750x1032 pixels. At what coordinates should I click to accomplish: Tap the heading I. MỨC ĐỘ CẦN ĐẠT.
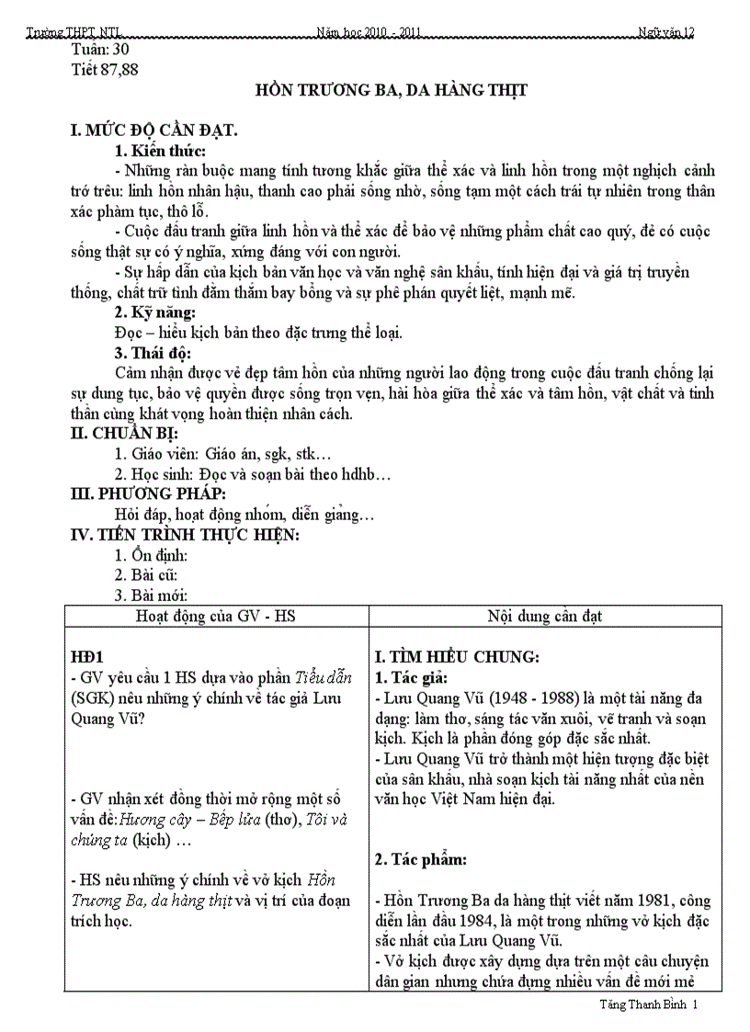[154, 131]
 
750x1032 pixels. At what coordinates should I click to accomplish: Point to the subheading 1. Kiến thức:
[159, 151]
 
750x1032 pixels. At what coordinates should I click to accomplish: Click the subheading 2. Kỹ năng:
[154, 313]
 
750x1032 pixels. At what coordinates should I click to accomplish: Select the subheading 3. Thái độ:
[152, 353]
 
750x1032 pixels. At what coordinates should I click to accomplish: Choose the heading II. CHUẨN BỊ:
[125, 433]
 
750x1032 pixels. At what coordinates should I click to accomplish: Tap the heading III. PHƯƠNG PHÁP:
[149, 494]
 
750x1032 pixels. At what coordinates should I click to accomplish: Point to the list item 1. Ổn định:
[151, 555]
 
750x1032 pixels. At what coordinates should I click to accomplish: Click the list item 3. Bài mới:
[151, 595]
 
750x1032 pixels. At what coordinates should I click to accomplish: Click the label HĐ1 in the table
[88, 657]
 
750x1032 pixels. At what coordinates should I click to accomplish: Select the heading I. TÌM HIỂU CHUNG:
[457, 657]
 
